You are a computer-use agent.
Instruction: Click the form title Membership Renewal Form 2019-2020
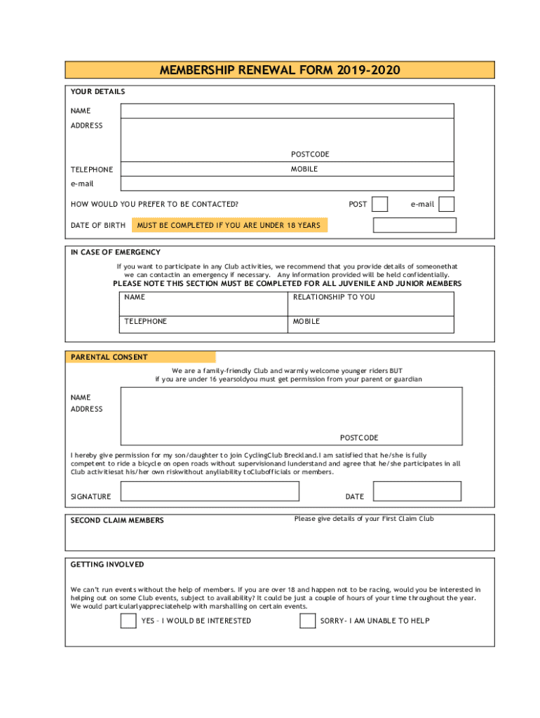pos(280,70)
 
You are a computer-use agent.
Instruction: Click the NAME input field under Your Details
pos(287,111)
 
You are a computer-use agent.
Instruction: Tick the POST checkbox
pos(379,204)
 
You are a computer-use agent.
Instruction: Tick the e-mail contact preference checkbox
pos(446,204)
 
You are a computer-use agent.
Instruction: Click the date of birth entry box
pos(414,225)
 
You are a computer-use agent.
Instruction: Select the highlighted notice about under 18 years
pos(229,225)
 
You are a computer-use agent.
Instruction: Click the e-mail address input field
pos(287,184)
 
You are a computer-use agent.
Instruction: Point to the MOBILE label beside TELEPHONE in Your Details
pos(304,169)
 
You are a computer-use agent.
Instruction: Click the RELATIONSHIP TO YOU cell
pos(371,304)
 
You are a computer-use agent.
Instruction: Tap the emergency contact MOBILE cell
pos(371,324)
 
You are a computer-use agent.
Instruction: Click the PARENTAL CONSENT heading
pos(109,357)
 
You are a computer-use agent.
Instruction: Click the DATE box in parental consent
pos(417,492)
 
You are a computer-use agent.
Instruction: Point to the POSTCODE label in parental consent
pos(359,438)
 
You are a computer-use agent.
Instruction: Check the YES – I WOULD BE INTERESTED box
pos(128,621)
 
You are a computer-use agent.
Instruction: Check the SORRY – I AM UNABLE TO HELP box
pos(307,621)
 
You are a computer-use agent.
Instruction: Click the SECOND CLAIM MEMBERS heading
pos(117,520)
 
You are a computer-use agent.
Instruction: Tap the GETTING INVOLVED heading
pos(107,564)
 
